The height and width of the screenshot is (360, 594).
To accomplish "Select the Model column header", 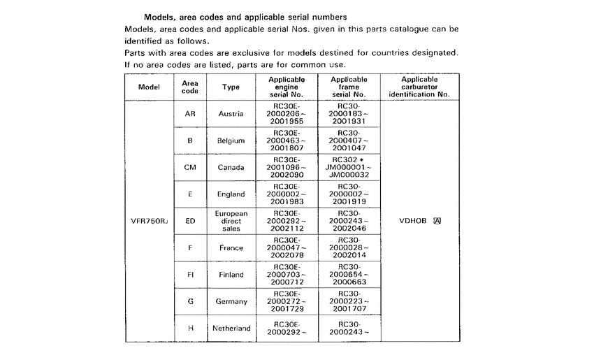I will (x=150, y=87).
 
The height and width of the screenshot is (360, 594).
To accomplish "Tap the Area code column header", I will (x=189, y=87).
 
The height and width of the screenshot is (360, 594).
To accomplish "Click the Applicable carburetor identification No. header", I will (x=419, y=87).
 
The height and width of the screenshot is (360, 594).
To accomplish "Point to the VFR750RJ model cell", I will (x=149, y=221).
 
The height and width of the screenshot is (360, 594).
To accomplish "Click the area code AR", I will (x=189, y=114).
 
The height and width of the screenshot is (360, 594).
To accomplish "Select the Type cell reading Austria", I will (x=231, y=114).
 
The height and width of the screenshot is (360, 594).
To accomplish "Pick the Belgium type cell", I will (x=231, y=141).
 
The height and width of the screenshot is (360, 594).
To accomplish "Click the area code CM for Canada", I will (x=189, y=167).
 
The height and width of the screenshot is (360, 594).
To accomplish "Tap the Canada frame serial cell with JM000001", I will (x=349, y=167).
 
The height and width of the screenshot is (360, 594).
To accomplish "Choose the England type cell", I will (x=231, y=194).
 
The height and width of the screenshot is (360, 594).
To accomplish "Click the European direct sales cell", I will (x=231, y=221).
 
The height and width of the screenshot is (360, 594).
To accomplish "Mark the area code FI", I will (x=189, y=275).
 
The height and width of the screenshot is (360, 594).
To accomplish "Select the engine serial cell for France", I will (x=287, y=248).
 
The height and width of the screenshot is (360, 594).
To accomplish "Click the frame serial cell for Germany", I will (x=349, y=301).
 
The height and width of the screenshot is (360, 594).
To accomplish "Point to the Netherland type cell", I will (x=231, y=328).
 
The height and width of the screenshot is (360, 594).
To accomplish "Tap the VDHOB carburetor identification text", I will (x=412, y=221).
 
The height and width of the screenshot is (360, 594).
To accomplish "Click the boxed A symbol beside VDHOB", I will (x=437, y=221).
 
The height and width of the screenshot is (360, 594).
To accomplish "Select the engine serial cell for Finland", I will (x=287, y=275).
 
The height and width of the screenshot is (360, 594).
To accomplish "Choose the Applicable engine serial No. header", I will (x=287, y=87).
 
